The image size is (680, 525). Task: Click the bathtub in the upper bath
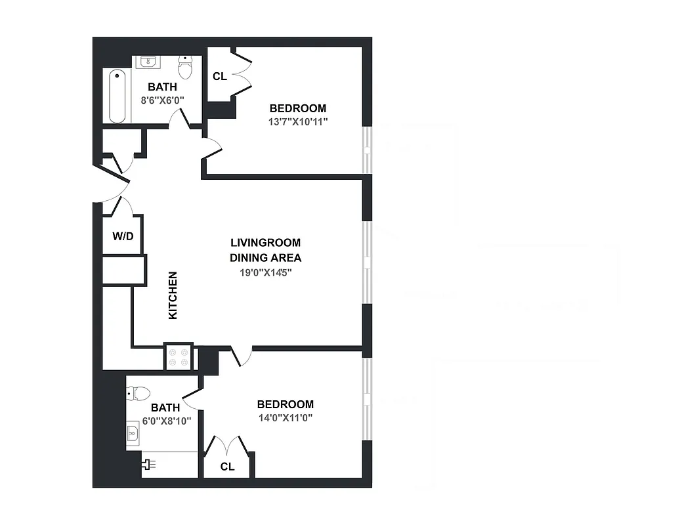tap(117, 96)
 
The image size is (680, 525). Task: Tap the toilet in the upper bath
tap(186, 66)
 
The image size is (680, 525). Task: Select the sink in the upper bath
tap(148, 62)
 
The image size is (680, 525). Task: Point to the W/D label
tap(123, 236)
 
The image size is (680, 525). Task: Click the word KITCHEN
tap(173, 295)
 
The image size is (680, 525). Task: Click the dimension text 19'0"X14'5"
tap(265, 272)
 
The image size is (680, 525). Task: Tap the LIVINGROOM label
tap(265, 243)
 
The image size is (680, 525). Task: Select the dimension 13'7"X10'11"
tap(298, 121)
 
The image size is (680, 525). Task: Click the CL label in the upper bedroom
tap(220, 77)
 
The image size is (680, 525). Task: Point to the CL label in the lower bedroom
tap(227, 467)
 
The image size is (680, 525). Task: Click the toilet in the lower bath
tap(139, 394)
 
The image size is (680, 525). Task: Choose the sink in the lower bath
tap(133, 434)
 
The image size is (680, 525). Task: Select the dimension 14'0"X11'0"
tap(285, 417)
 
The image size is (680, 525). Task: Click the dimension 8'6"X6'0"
tap(162, 100)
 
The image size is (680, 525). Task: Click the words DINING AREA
tap(265, 258)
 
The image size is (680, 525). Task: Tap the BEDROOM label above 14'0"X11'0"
tap(285, 404)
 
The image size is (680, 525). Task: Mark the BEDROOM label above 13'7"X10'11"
tap(298, 108)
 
